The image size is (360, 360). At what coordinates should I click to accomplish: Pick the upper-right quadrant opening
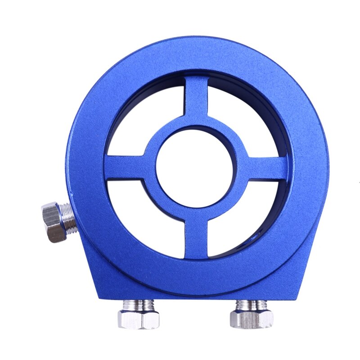click(243, 121)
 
